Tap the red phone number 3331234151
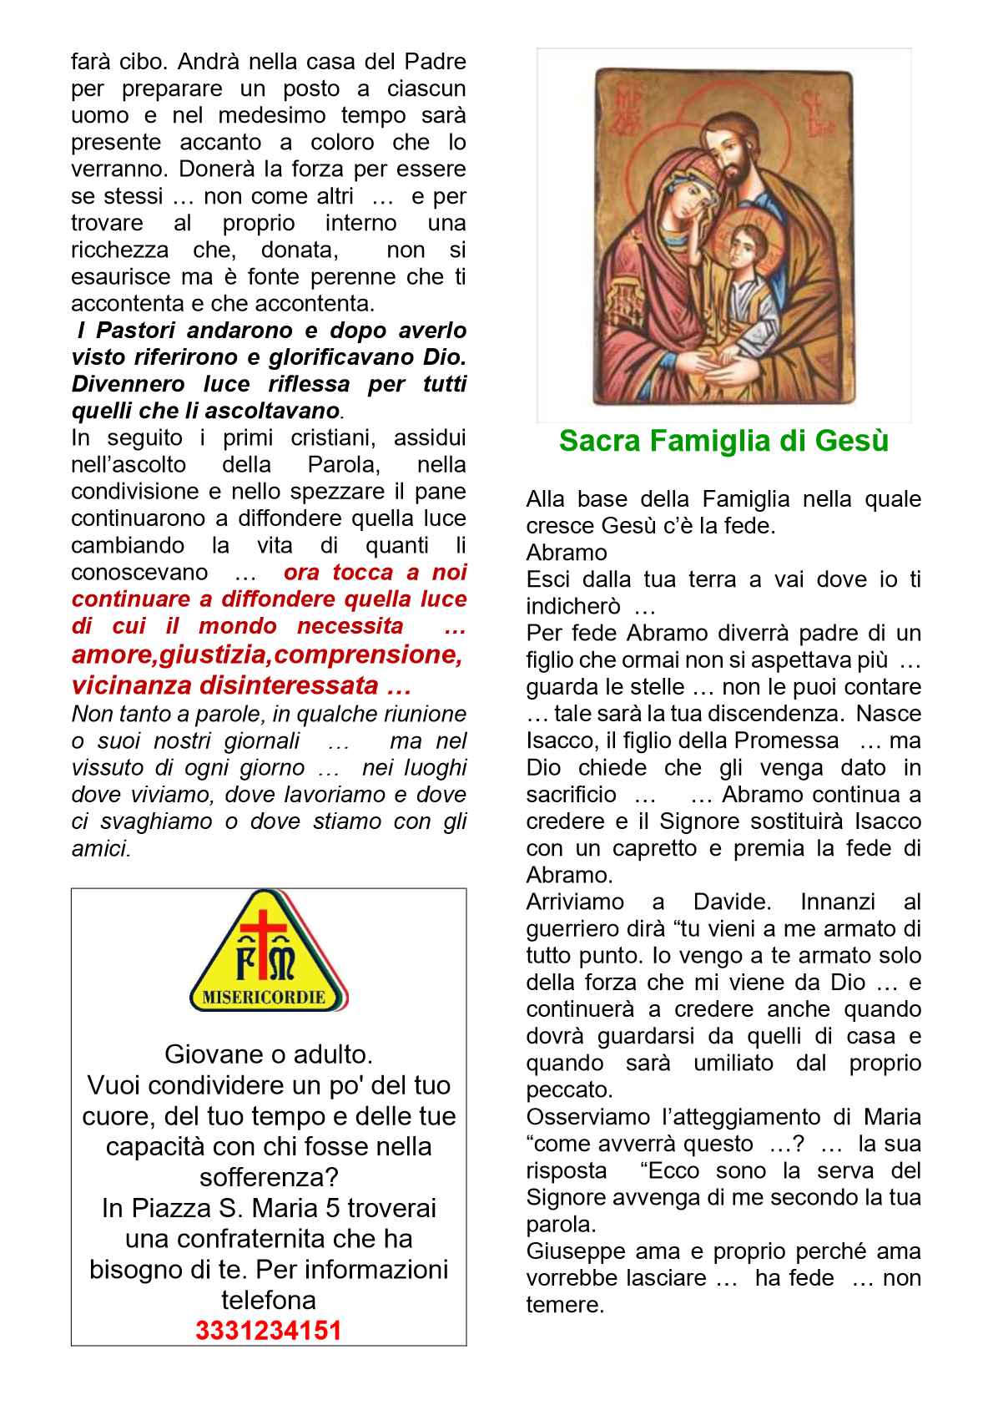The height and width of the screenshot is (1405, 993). click(269, 1331)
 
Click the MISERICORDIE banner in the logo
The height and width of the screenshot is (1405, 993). click(265, 998)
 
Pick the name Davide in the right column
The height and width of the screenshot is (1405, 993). click(732, 902)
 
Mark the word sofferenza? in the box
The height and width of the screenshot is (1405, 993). click(269, 1177)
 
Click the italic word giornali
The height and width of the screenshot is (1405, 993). click(262, 741)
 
